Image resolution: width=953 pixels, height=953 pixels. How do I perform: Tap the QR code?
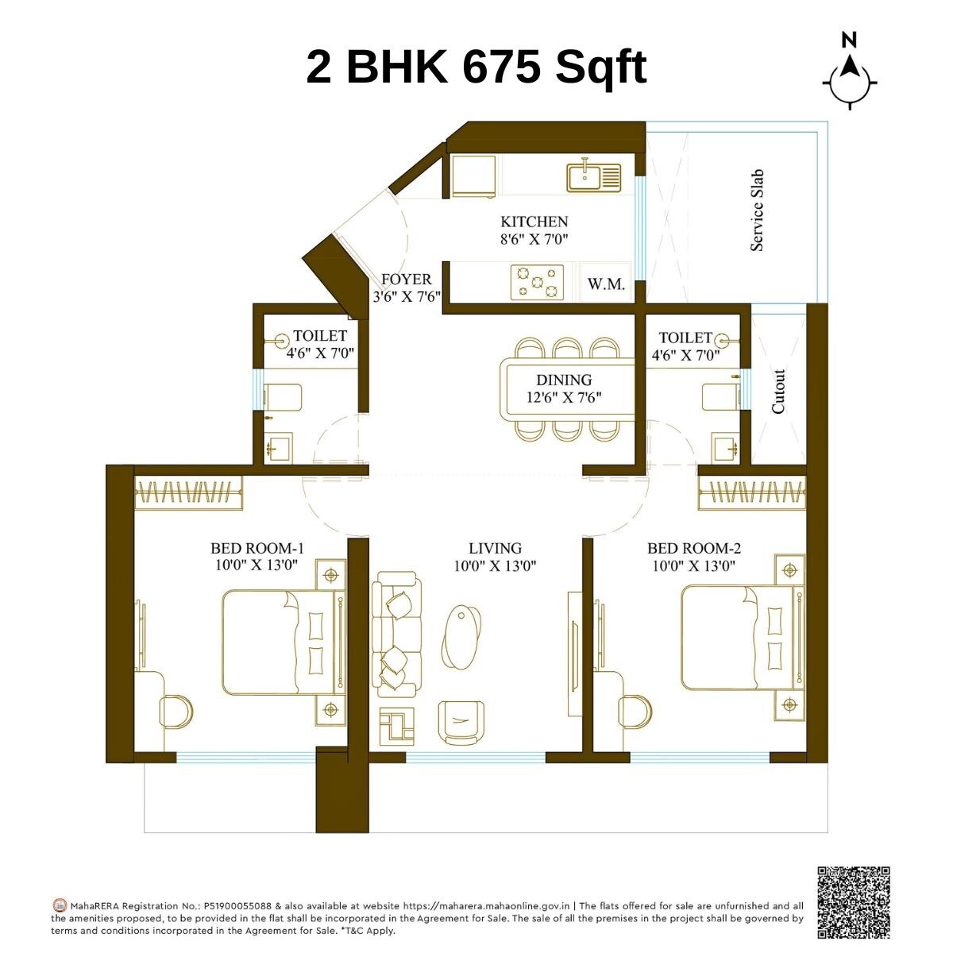point(853,902)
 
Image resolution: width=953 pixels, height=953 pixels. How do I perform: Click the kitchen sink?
point(593,176)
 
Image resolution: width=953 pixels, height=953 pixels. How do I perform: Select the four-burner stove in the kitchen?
point(537,283)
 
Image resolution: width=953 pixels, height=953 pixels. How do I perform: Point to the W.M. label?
point(606,284)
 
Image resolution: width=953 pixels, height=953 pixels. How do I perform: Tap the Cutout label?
point(778,392)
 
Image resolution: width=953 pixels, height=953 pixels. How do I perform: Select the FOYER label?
point(406,280)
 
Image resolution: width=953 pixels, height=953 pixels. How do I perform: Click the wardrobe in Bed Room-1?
point(188,493)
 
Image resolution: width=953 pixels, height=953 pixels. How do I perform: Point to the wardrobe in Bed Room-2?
point(752,493)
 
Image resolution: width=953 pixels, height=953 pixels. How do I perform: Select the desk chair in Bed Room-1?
point(177,712)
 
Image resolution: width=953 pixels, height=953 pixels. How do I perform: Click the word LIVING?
point(495,548)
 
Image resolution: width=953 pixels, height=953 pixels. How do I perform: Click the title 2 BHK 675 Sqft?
point(476,67)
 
